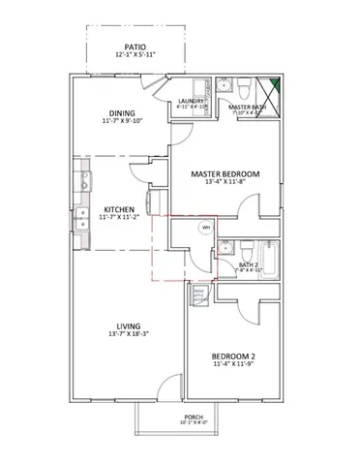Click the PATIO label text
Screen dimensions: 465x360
135,46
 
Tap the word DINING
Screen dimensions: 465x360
122,112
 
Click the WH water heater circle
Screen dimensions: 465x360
205,228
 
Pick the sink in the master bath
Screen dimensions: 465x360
222,87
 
